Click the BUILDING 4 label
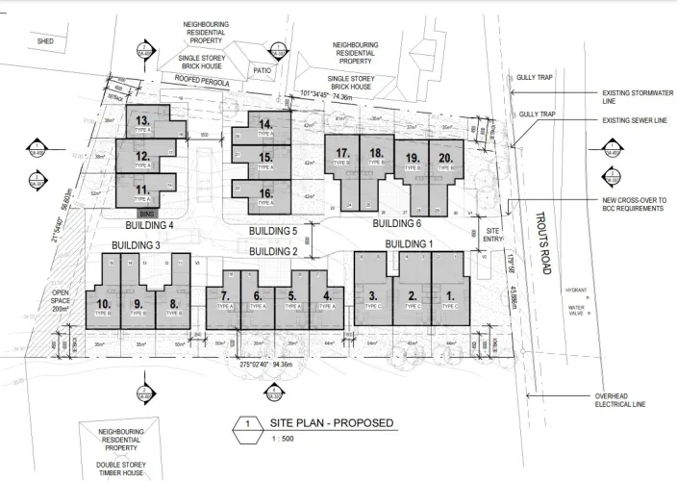click(x=142, y=225)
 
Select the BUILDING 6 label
click(x=396, y=222)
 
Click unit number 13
click(x=141, y=120)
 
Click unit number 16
click(x=265, y=193)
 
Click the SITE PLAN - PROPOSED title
click(x=329, y=423)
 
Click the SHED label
click(x=45, y=42)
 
